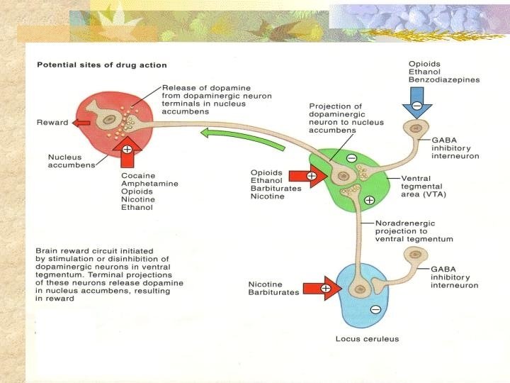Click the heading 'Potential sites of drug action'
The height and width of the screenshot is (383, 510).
click(x=101, y=65)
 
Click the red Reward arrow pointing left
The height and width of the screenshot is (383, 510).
click(x=81, y=123)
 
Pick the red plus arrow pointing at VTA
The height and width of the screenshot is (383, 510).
click(x=315, y=175)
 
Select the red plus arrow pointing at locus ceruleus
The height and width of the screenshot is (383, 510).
click(x=324, y=288)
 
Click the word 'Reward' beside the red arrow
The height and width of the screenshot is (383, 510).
click(x=52, y=123)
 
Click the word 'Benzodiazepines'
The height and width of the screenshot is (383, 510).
click(x=444, y=80)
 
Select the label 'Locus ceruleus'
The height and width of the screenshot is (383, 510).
click(x=367, y=338)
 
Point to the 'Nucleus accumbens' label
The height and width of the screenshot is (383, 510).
click(x=71, y=161)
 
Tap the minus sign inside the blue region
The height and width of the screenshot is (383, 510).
click(x=375, y=309)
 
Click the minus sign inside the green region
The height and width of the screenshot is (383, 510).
click(x=352, y=158)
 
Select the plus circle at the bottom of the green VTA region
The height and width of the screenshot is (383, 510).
click(x=369, y=201)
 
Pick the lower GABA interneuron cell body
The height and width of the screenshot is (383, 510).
click(x=413, y=254)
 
